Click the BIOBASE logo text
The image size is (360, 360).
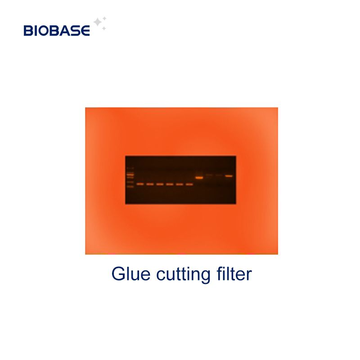pyautogui.click(x=57, y=30)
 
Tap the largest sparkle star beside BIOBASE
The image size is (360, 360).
pyautogui.click(x=97, y=22)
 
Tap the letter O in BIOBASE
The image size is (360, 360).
pyautogui.click(x=44, y=31)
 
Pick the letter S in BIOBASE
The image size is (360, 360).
pyautogui.click(x=76, y=31)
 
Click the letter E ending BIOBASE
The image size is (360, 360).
pyautogui.click(x=85, y=31)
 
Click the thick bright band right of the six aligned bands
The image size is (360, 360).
pyautogui.click(x=199, y=178)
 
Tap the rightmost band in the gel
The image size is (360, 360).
pyautogui.click(x=229, y=176)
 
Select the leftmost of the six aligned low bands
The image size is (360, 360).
pyautogui.click(x=140, y=184)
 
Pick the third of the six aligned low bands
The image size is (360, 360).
pyautogui.click(x=160, y=184)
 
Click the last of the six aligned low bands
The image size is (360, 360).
pyautogui.click(x=189, y=184)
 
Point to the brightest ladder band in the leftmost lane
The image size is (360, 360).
pyautogui.click(x=130, y=174)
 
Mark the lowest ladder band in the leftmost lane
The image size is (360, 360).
pyautogui.click(x=130, y=186)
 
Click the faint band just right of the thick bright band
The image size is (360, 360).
pyautogui.click(x=209, y=175)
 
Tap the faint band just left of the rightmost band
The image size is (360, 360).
pyautogui.click(x=219, y=175)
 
